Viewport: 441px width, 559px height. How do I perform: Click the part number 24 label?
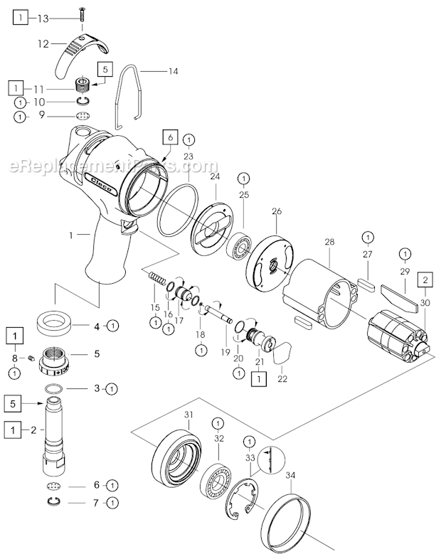click(x=215, y=176)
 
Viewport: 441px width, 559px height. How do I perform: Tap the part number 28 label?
click(x=329, y=243)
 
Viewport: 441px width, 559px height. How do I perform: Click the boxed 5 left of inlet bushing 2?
click(x=14, y=402)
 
